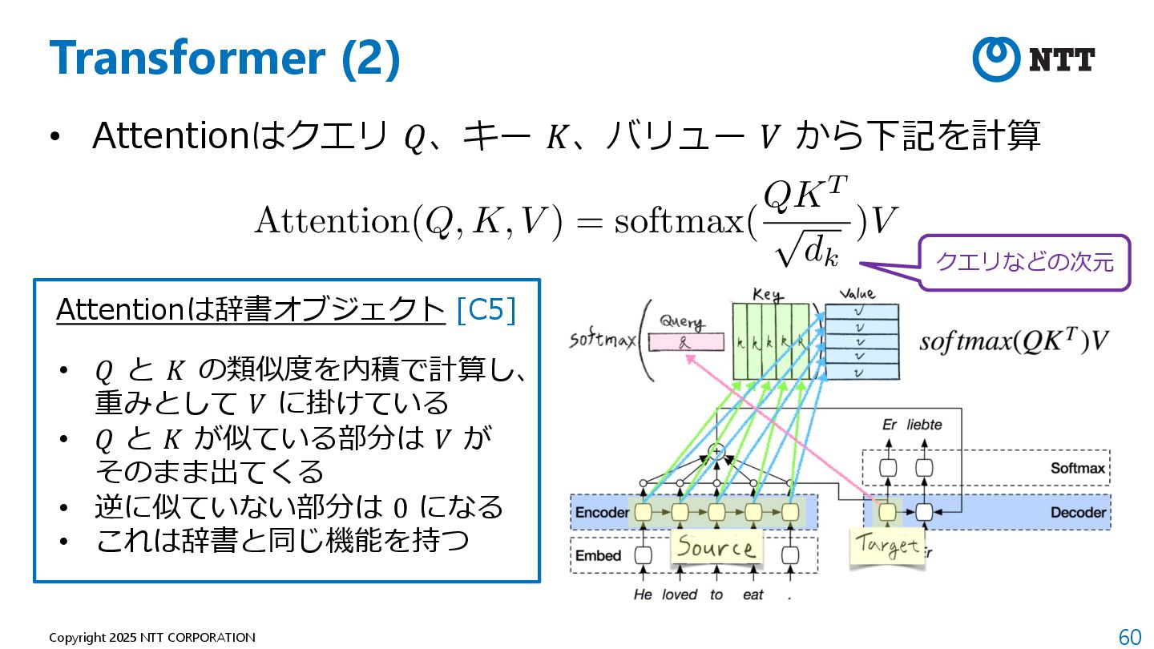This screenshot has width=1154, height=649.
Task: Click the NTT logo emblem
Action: (x=995, y=58)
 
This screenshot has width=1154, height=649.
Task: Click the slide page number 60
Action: (x=1129, y=637)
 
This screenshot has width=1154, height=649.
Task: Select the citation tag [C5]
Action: (x=486, y=310)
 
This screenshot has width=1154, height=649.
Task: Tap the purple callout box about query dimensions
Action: (x=1024, y=262)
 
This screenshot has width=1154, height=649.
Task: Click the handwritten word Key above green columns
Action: (x=767, y=295)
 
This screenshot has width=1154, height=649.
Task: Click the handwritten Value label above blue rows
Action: (x=856, y=294)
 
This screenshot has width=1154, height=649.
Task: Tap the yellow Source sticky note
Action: (x=716, y=548)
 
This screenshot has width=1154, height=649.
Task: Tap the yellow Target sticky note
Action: (x=886, y=547)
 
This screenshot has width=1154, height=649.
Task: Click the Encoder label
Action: (x=602, y=512)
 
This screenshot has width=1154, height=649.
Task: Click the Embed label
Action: (x=598, y=555)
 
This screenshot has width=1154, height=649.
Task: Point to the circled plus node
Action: (x=718, y=452)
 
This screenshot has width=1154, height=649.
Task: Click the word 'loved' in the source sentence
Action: (x=680, y=595)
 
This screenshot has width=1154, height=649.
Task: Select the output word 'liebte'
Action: (x=924, y=425)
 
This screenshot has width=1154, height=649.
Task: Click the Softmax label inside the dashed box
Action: (x=1078, y=468)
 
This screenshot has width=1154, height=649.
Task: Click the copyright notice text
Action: (x=152, y=638)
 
